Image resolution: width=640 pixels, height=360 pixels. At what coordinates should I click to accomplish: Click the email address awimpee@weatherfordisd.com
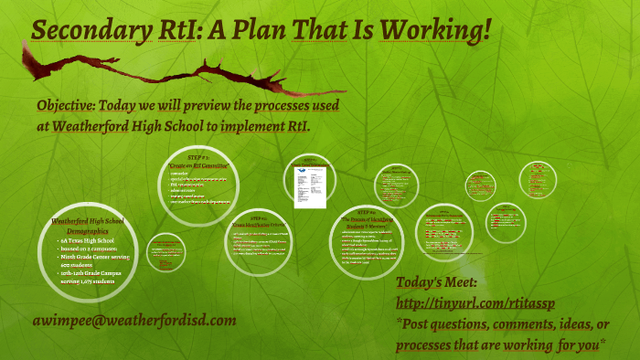(133, 320)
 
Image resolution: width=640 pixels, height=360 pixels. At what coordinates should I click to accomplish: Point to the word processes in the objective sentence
(293, 105)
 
